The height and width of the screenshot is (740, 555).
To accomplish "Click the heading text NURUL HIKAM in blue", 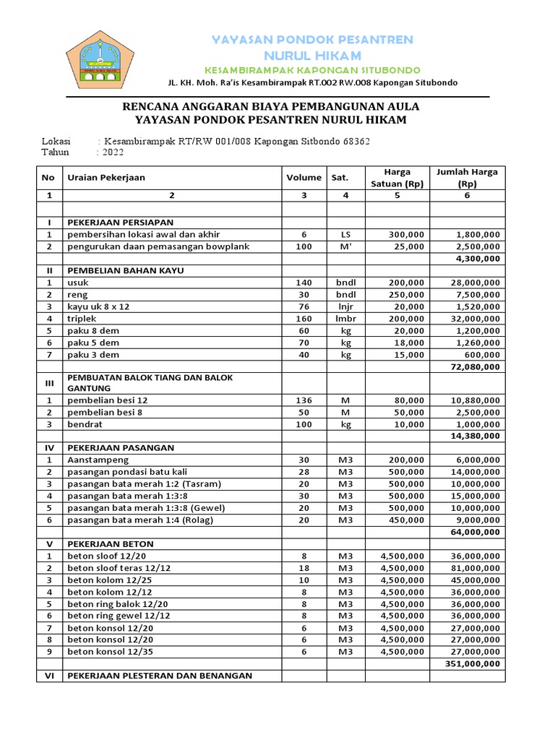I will point(311,56).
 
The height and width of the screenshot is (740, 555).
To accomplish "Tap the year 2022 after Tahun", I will point(113,152).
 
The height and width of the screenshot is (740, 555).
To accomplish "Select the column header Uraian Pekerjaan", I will point(106,177).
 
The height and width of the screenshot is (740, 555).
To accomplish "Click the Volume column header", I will point(304,177).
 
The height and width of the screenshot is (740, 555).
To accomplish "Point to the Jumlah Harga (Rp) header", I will point(467,177).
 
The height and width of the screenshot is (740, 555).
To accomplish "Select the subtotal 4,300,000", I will point(477,258).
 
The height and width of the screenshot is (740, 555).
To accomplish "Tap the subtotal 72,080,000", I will point(475,366).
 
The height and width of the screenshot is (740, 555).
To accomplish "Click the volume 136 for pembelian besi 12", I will point(304,400).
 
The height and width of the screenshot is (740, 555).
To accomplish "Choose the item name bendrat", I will point(85,423).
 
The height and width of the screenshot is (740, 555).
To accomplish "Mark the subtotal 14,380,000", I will point(475,436).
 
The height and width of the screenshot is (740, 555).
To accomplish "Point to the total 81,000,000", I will point(475,568).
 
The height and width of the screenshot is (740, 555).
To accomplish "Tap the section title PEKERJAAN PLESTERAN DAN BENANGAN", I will point(160,676).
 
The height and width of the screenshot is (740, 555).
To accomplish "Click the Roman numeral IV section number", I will point(50,448).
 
